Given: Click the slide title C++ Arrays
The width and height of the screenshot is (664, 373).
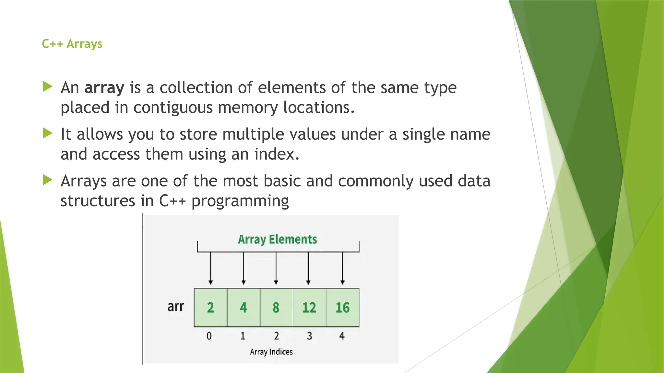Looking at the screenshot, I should pyautogui.click(x=72, y=44).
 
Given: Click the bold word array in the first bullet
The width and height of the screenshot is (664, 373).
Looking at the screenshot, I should pyautogui.click(x=104, y=88).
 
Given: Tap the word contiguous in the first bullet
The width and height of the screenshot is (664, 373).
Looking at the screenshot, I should pyautogui.click(x=173, y=107).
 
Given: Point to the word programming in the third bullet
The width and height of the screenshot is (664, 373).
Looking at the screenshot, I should pyautogui.click(x=240, y=201).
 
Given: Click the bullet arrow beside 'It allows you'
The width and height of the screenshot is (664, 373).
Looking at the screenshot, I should pyautogui.click(x=47, y=133).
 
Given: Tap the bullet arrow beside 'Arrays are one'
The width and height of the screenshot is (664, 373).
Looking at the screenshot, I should pyautogui.click(x=47, y=180).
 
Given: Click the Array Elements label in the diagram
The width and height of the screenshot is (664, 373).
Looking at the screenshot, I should pyautogui.click(x=278, y=239).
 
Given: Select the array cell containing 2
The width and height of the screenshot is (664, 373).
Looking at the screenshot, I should pyautogui.click(x=210, y=307).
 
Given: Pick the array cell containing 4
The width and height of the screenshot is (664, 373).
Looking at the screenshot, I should pyautogui.click(x=243, y=307).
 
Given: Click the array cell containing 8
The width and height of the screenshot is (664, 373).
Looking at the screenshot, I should pyautogui.click(x=276, y=307).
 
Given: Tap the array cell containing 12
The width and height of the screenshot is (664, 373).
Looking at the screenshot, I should pyautogui.click(x=309, y=307).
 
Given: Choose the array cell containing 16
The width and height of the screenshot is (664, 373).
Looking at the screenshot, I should pyautogui.click(x=342, y=307).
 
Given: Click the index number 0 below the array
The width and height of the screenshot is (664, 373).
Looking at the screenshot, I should pyautogui.click(x=209, y=336).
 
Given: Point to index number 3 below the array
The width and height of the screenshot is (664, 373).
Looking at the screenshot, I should pyautogui.click(x=309, y=336).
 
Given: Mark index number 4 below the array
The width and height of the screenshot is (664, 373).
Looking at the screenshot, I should pyautogui.click(x=342, y=336).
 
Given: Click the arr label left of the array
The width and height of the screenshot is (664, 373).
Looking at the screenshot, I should pyautogui.click(x=176, y=306).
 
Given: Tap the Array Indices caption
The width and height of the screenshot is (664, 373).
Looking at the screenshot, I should pyautogui.click(x=271, y=352).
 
